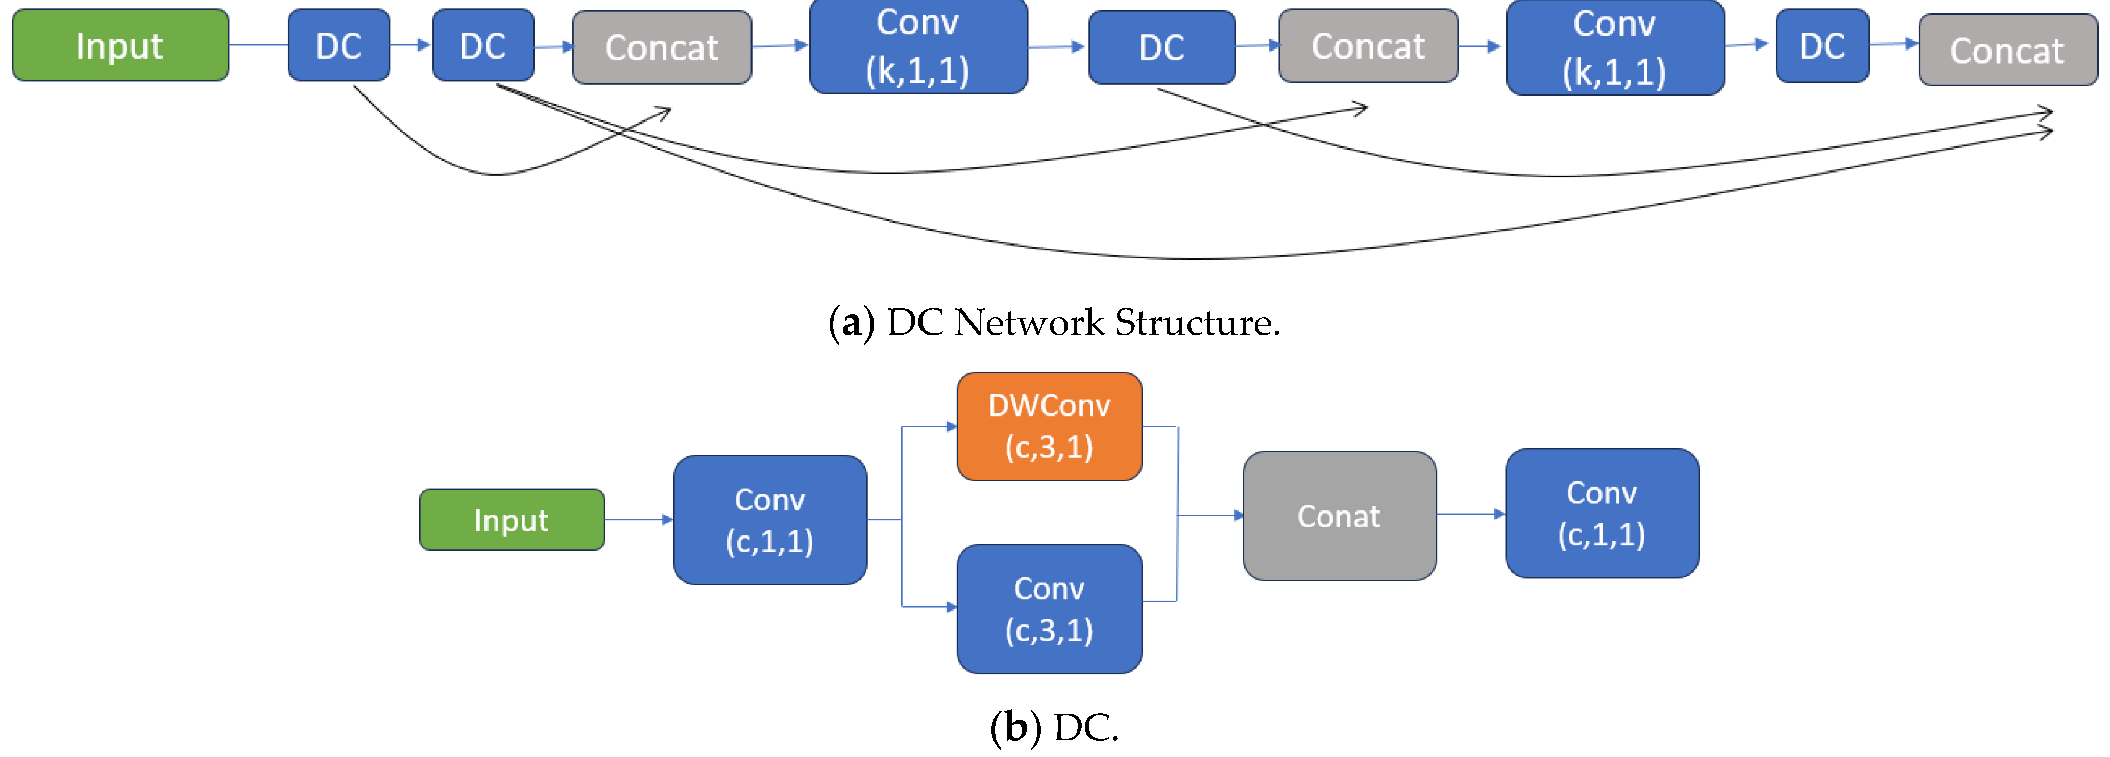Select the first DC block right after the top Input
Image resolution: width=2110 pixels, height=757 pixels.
[x=338, y=45]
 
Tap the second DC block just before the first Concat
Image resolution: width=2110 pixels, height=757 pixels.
[x=482, y=45]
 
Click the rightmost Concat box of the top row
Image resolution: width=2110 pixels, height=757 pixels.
[x=2007, y=50]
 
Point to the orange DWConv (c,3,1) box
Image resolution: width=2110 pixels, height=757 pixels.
[x=1049, y=426]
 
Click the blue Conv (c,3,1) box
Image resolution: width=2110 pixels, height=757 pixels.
[x=1049, y=608]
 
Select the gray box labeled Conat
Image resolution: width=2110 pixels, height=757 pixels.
[x=1339, y=516]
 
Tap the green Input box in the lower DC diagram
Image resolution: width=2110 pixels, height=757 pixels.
[x=511, y=520]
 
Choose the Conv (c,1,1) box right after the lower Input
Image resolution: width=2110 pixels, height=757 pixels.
[x=769, y=520]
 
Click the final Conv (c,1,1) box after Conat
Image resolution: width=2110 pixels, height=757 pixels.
[x=1602, y=513]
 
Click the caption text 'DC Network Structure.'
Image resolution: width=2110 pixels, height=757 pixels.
[x=1083, y=322]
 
